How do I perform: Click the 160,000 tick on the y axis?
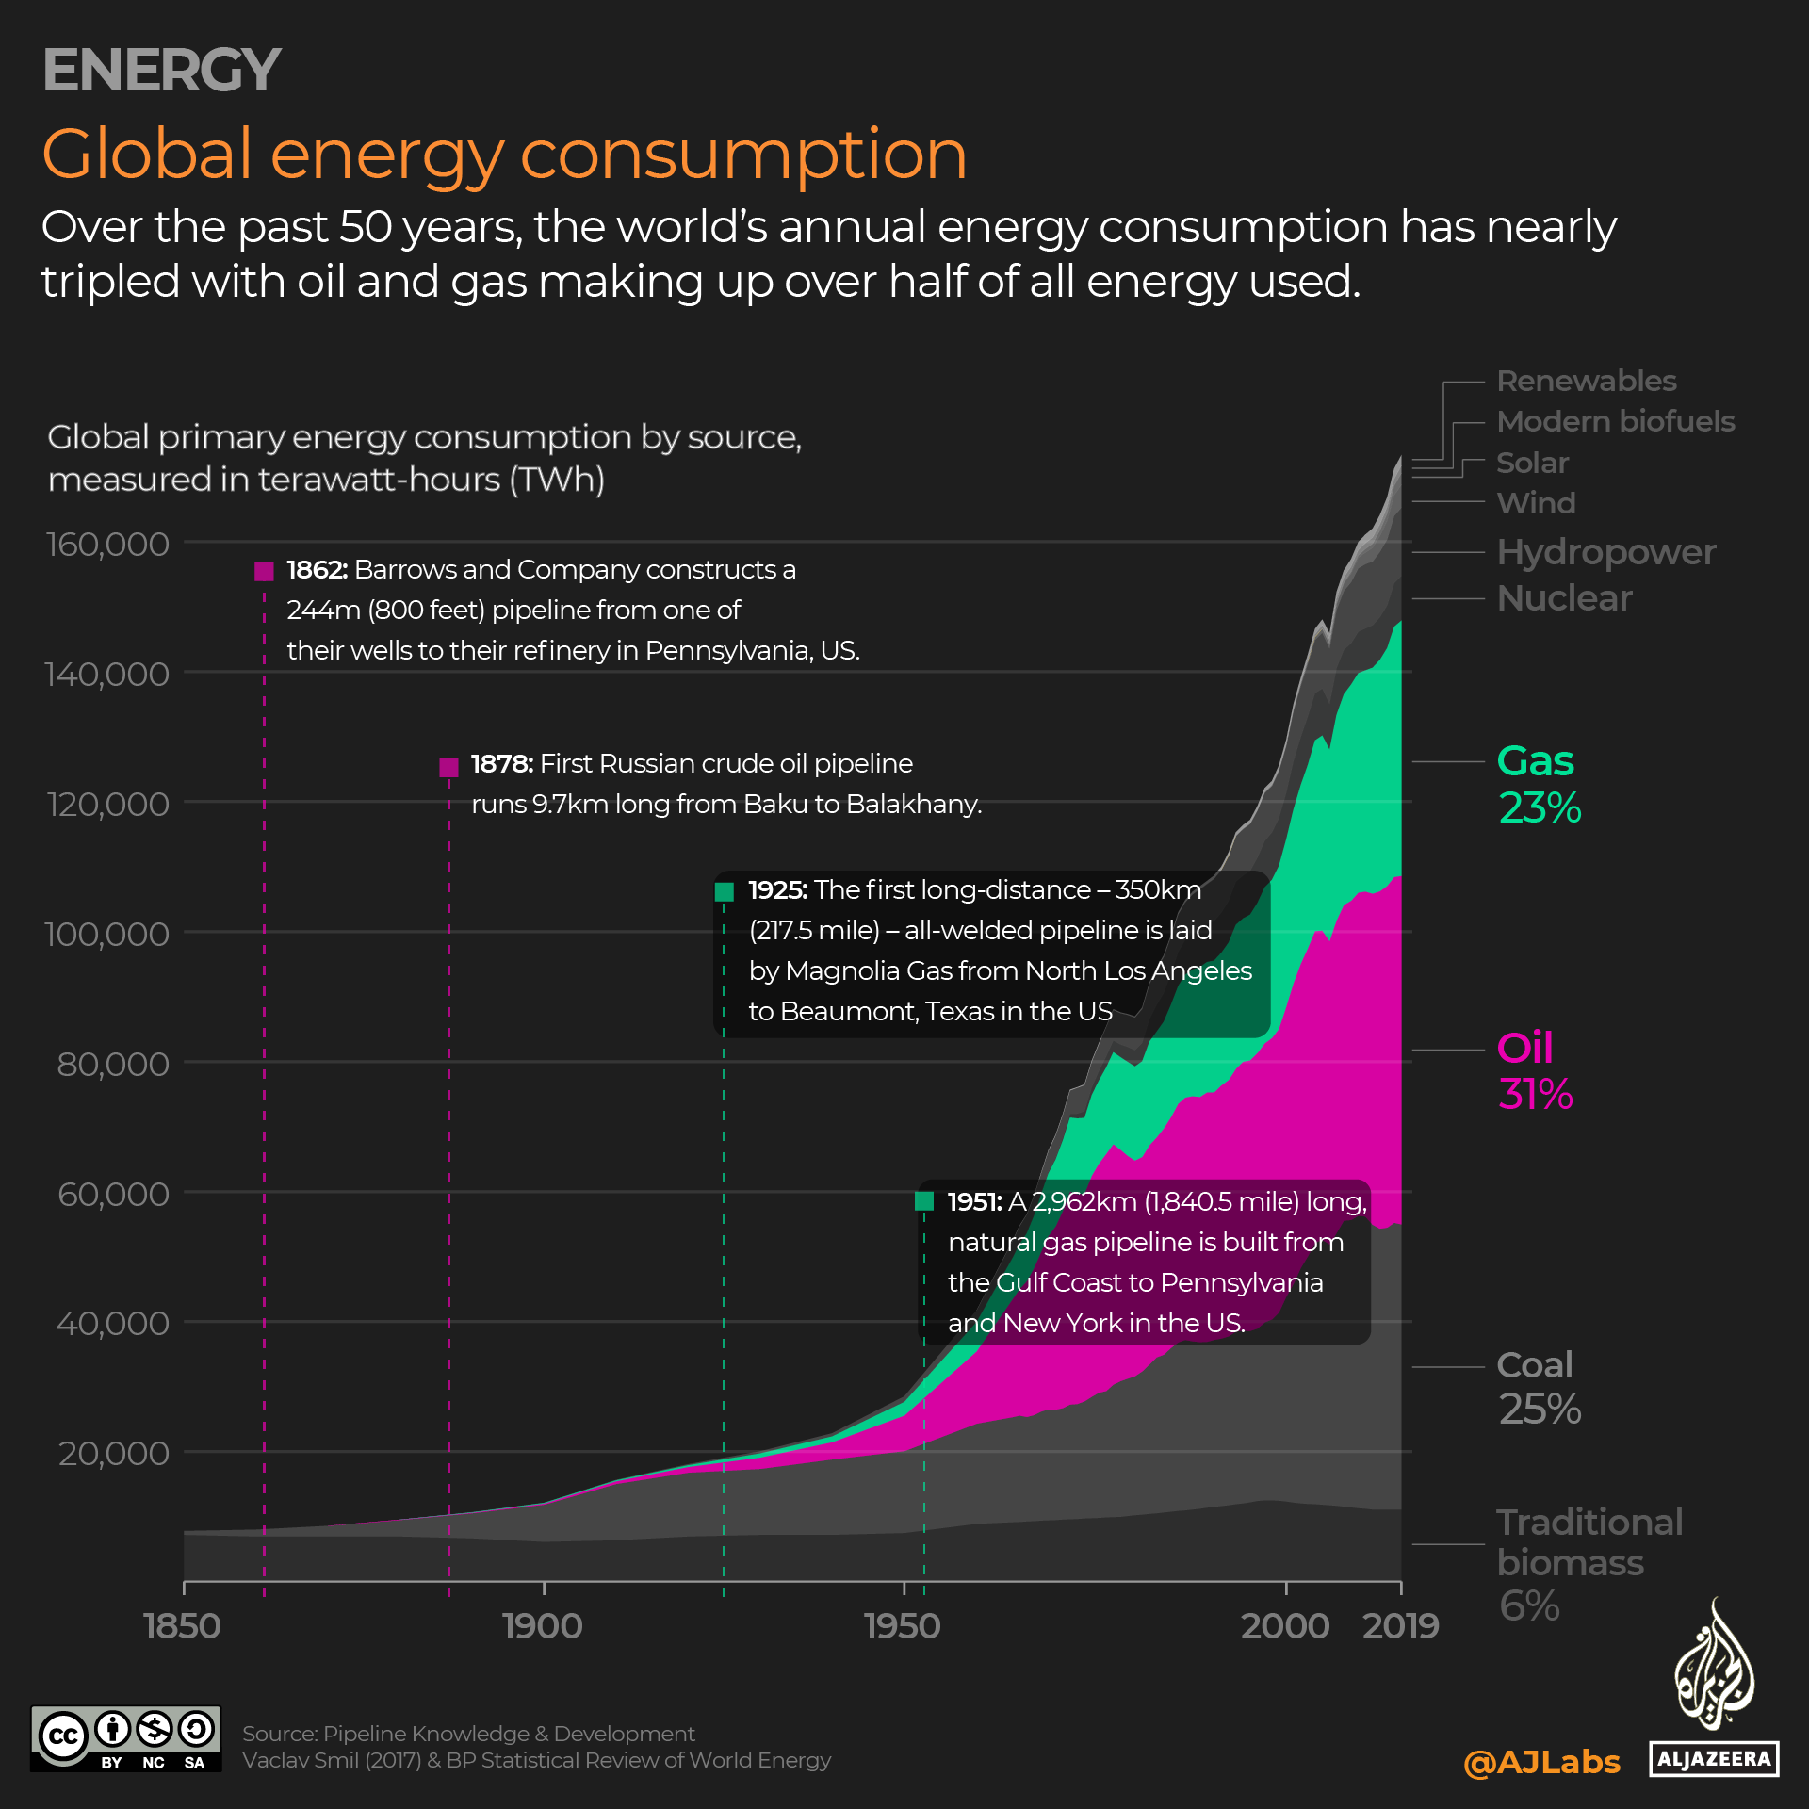coord(107,545)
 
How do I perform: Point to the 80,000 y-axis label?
coord(113,1065)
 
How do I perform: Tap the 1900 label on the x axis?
coord(543,1626)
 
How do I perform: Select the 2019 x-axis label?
coord(1400,1626)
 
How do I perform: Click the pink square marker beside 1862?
coord(264,571)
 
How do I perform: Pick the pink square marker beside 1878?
coord(448,767)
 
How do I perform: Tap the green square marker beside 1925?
coord(724,891)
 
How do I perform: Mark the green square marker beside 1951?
coord(923,1201)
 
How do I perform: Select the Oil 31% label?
coord(1534,1070)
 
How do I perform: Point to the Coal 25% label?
coord(1539,1387)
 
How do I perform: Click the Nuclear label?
coord(1564,598)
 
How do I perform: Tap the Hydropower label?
coord(1605,552)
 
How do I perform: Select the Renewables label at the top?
coord(1587,381)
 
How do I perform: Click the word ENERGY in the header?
coord(161,70)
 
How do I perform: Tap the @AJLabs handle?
coord(1541,1762)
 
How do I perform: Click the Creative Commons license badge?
coord(126,1739)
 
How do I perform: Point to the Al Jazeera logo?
coord(1714,1691)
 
